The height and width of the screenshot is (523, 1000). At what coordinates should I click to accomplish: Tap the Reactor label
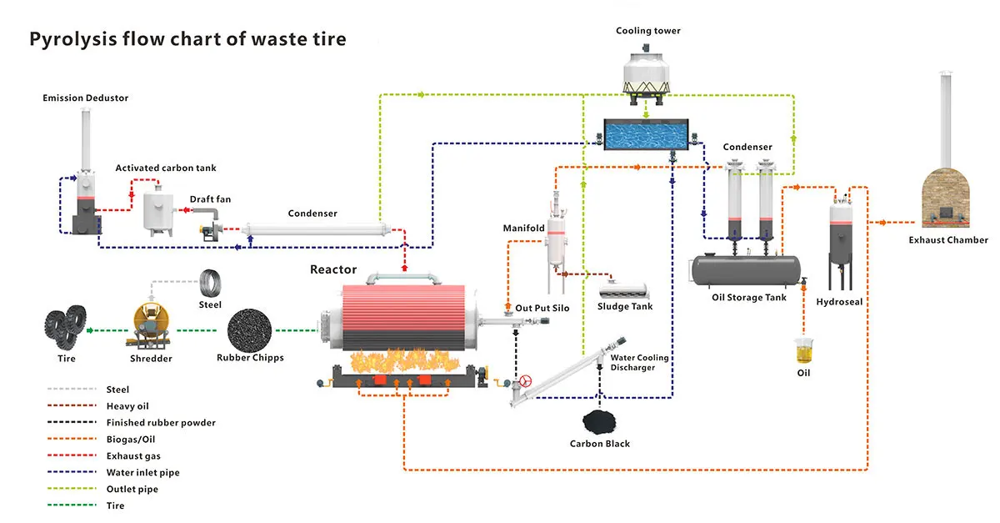click(333, 269)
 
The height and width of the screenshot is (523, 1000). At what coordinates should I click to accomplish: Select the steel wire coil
click(211, 283)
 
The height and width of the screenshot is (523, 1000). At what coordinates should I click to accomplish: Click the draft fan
click(207, 226)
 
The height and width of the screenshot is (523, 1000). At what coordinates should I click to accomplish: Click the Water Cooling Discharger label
click(639, 363)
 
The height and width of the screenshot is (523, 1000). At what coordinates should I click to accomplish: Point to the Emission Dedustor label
click(86, 98)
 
